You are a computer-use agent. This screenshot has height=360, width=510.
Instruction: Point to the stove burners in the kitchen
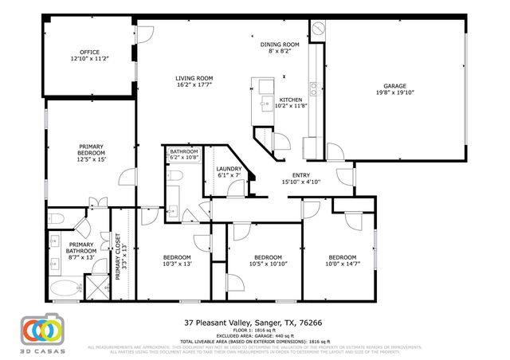tap(314, 87)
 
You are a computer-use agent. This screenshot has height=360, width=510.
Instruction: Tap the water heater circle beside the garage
tap(317, 27)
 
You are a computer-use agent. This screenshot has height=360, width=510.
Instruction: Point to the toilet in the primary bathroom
tap(55, 217)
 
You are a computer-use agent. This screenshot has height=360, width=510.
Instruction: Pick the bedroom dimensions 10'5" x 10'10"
tap(268, 264)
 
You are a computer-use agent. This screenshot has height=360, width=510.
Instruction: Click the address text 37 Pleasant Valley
tap(219, 323)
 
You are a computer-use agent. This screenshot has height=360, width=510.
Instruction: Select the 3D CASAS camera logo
tap(41, 330)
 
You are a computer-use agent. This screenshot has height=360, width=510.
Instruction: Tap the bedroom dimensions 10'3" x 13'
tap(177, 264)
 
